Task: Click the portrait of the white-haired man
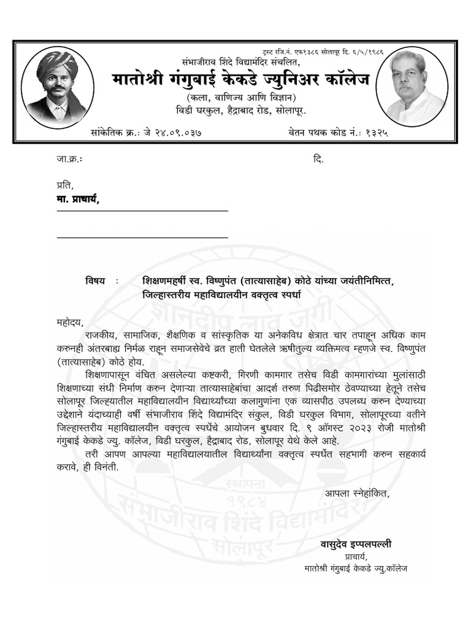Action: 412,85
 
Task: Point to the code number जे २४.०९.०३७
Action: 173,132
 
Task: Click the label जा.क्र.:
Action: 69,159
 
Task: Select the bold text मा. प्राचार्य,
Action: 77,199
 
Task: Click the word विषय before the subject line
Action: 95,281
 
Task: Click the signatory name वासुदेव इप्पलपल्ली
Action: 356,544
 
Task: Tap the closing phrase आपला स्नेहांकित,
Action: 357,492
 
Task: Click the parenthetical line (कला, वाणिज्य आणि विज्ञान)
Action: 241,97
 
